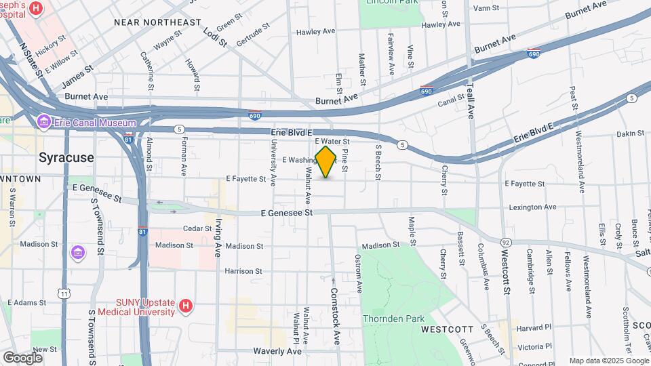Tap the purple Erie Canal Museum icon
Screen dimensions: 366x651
(45, 122)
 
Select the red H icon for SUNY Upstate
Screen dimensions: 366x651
(185, 306)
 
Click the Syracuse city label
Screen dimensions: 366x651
(66, 157)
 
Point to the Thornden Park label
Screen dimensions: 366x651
(393, 319)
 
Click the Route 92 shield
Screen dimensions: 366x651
(506, 241)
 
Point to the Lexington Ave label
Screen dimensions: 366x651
(532, 207)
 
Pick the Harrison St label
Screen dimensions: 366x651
(243, 271)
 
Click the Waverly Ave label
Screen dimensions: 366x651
(277, 351)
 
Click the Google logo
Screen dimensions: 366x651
(22, 357)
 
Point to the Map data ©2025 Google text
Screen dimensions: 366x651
(608, 361)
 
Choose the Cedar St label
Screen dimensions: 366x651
(197, 228)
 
